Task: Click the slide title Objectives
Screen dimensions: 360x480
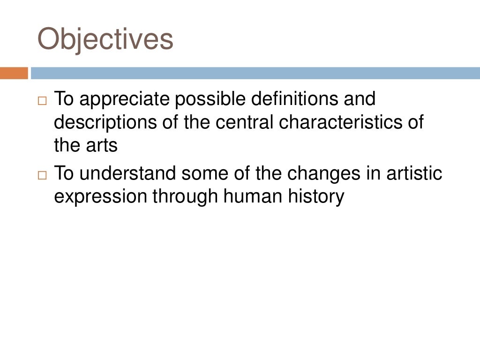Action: [x=105, y=39]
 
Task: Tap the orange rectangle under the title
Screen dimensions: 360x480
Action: [x=14, y=74]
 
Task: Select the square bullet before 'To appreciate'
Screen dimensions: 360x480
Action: [x=43, y=101]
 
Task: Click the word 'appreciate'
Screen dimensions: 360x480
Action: [x=127, y=99]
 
